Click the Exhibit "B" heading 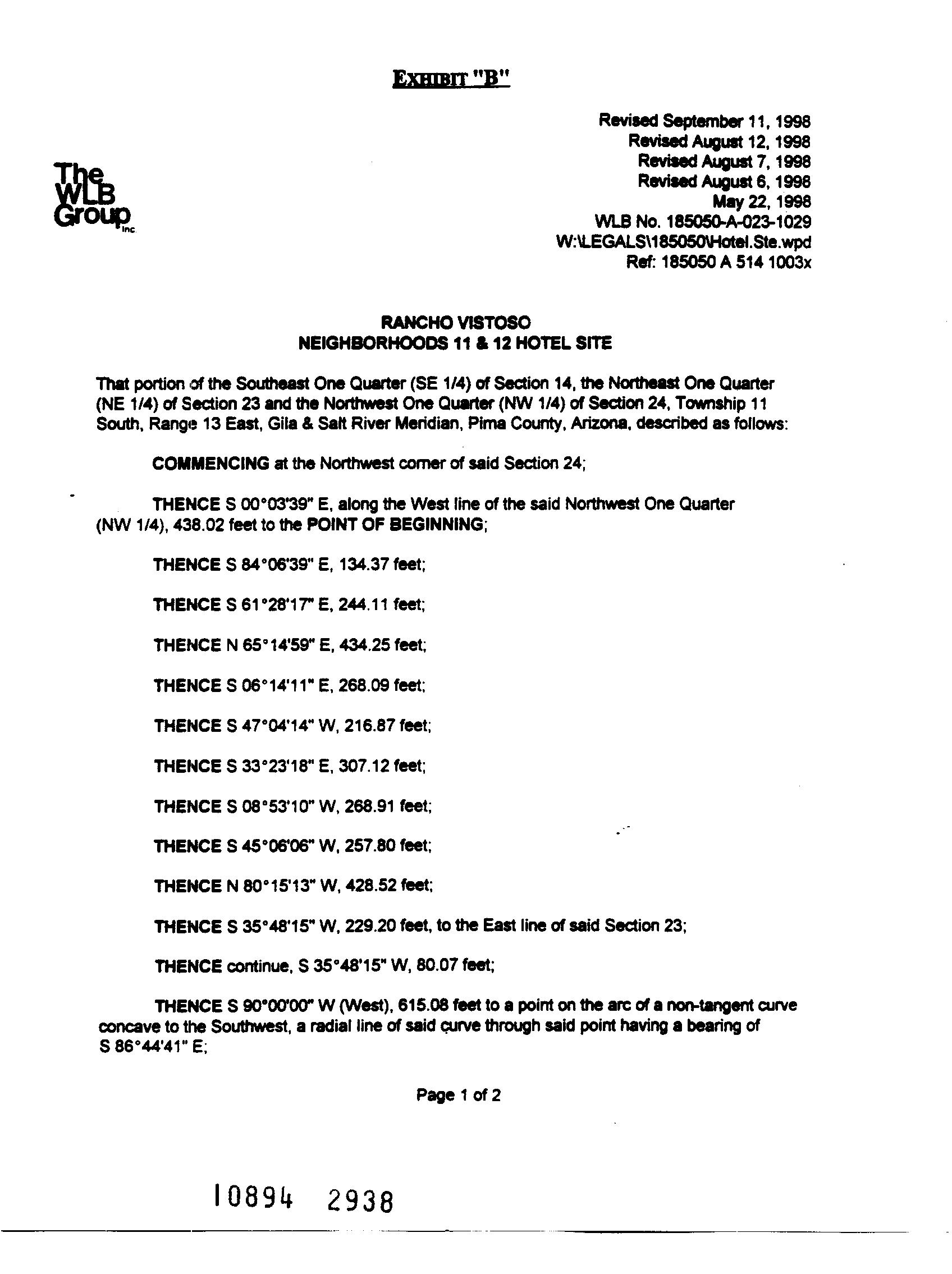click(x=451, y=79)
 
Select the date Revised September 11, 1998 click(x=704, y=121)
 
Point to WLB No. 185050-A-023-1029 click(x=702, y=222)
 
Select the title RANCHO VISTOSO click(x=455, y=323)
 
